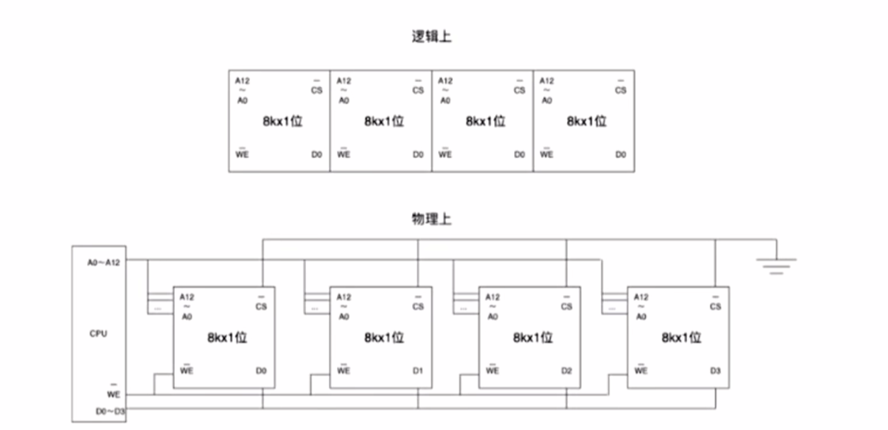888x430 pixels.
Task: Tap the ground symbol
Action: click(x=777, y=266)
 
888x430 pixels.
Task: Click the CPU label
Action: click(x=98, y=334)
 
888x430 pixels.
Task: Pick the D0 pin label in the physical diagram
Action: click(x=262, y=370)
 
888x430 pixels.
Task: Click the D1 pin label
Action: click(x=418, y=370)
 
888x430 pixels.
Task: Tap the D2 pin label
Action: click(x=566, y=370)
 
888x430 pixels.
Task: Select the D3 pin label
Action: click(x=715, y=370)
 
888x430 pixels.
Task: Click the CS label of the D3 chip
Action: click(x=715, y=306)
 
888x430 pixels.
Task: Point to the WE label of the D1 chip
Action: click(x=343, y=370)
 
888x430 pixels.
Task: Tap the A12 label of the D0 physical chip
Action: click(x=187, y=297)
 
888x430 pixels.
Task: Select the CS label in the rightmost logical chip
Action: click(x=621, y=90)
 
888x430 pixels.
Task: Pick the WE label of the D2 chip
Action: click(x=492, y=370)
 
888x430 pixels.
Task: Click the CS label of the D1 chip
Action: click(x=418, y=306)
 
